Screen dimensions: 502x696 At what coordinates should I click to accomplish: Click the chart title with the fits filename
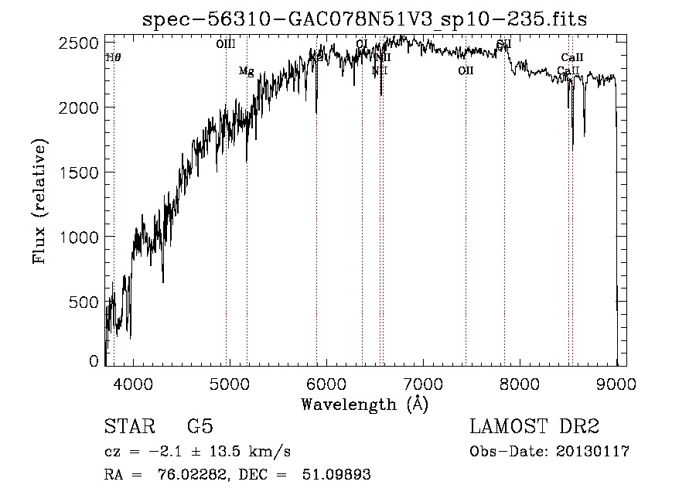pyautogui.click(x=365, y=19)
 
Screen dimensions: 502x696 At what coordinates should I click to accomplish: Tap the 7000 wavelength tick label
pyautogui.click(x=423, y=384)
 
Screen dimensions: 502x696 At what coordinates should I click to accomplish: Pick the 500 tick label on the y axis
pyautogui.click(x=85, y=302)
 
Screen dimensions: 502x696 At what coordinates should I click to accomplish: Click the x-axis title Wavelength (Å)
pyautogui.click(x=364, y=404)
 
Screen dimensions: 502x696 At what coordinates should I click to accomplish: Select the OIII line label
pyautogui.click(x=226, y=45)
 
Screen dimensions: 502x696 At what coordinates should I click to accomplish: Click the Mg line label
pyautogui.click(x=246, y=71)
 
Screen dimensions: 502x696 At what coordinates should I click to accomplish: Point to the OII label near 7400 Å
pyautogui.click(x=466, y=71)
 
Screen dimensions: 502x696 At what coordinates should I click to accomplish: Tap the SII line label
pyautogui.click(x=504, y=45)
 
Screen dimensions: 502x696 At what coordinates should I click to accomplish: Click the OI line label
pyautogui.click(x=362, y=43)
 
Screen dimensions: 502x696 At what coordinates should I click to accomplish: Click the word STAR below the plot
pyautogui.click(x=129, y=427)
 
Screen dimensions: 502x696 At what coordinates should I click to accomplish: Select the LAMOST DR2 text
pyautogui.click(x=534, y=427)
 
